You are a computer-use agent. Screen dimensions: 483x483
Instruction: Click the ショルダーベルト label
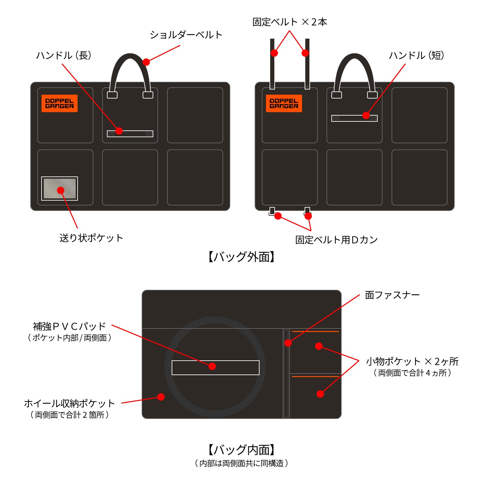click(x=186, y=35)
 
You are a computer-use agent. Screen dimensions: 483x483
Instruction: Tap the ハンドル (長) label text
click(x=64, y=55)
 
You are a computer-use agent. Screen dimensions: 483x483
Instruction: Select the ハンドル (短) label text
click(x=417, y=55)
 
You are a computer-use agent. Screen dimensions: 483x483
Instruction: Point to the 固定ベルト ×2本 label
click(x=290, y=22)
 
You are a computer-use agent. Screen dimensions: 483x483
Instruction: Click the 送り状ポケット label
click(x=91, y=238)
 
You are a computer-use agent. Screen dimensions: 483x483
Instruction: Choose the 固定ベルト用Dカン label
click(x=336, y=240)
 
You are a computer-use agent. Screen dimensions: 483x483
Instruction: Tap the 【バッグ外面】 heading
click(x=241, y=257)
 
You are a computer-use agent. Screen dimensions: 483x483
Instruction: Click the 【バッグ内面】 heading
click(x=241, y=450)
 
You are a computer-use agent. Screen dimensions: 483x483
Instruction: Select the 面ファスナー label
click(x=392, y=295)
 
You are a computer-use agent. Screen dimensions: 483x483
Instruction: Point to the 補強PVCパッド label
click(x=70, y=327)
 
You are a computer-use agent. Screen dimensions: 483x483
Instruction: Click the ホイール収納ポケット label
click(x=70, y=403)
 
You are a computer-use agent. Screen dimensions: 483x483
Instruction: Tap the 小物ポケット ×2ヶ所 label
click(x=412, y=361)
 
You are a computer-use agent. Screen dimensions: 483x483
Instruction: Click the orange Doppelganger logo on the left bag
click(x=60, y=103)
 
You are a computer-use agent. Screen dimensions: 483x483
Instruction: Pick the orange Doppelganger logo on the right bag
click(x=284, y=103)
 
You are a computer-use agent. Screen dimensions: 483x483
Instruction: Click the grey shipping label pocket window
click(x=60, y=188)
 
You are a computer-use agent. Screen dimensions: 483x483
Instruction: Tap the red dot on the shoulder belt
click(x=146, y=62)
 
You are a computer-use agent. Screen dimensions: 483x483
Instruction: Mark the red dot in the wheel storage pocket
click(x=161, y=397)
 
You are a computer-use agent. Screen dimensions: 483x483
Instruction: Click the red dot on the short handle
click(x=366, y=115)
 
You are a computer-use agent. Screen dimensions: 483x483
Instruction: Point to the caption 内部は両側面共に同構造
click(x=241, y=463)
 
